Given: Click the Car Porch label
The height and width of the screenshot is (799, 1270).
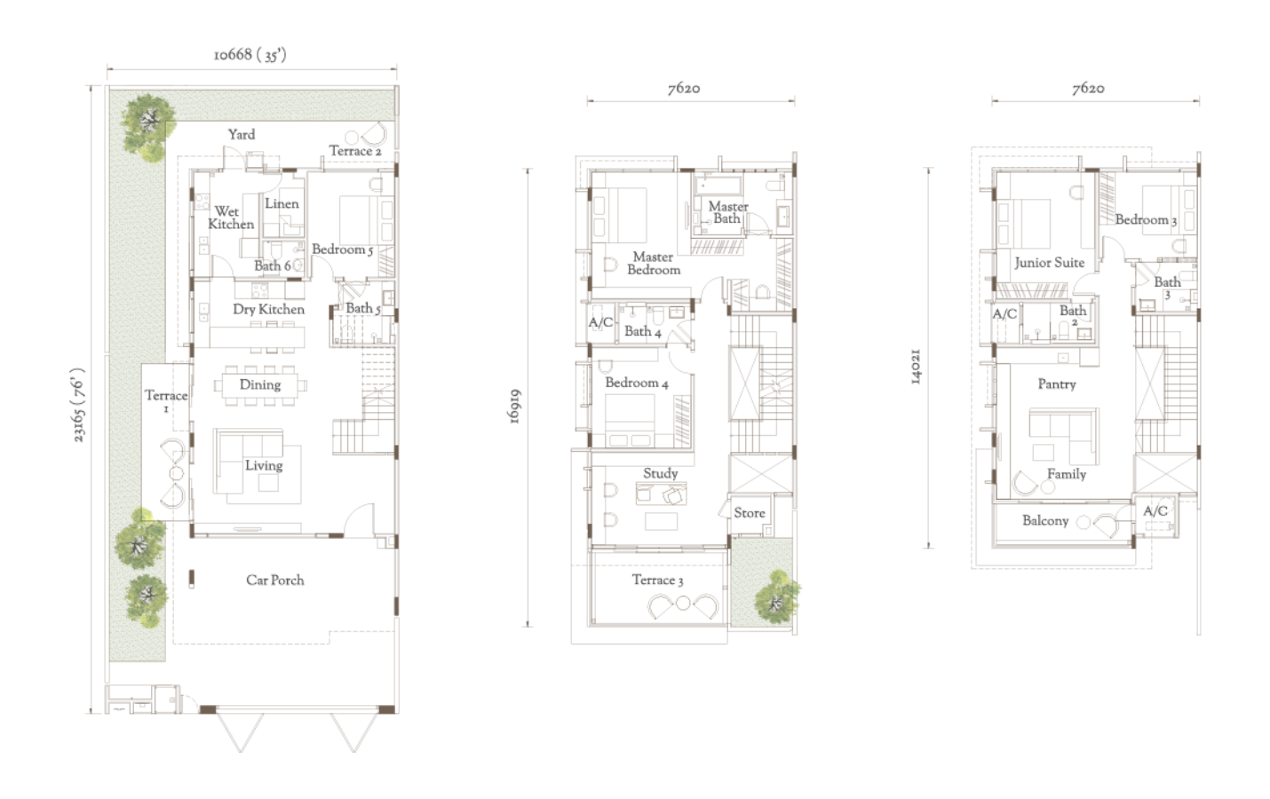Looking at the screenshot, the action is [x=275, y=581].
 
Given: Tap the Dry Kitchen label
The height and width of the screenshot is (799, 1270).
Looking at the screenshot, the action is [x=269, y=310].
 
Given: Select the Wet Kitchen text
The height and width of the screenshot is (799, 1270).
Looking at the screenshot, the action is [x=230, y=218].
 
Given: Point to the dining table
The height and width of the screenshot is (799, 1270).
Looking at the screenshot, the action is [x=260, y=385].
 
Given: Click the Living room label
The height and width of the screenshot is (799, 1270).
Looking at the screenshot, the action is [x=264, y=466].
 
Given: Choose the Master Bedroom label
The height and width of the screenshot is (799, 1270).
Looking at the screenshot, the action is [x=654, y=264].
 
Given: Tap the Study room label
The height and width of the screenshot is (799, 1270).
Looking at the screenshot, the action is [x=661, y=474].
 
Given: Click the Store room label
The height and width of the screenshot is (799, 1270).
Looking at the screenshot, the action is [x=750, y=513].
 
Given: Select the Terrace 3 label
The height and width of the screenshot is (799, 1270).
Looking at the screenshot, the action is [x=658, y=581].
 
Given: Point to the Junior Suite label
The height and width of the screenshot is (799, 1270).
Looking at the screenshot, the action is [x=1050, y=263].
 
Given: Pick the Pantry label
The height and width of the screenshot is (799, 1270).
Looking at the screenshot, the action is [x=1057, y=384].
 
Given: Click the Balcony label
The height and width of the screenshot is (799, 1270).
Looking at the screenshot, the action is [x=1045, y=521].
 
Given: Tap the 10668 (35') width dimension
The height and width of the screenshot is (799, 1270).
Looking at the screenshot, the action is [x=250, y=56].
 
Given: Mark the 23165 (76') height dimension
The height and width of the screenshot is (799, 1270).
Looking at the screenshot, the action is [x=78, y=405].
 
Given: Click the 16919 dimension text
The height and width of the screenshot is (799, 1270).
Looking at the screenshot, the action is [x=514, y=407].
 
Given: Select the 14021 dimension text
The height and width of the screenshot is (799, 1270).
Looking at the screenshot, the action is [x=917, y=368].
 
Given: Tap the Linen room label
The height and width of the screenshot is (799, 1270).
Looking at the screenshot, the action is [x=282, y=204].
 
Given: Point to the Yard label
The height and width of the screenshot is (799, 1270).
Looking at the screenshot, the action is [x=242, y=135].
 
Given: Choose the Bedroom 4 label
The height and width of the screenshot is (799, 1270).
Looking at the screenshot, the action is [x=637, y=383].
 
